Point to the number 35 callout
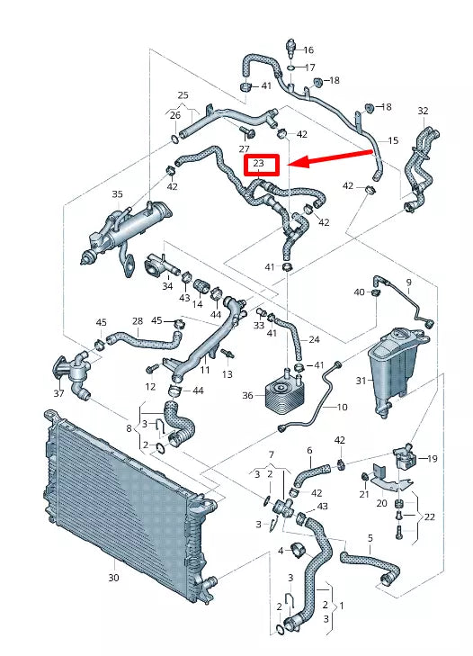[x=117, y=194]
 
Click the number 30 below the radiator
[x=113, y=578]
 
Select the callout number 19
[x=433, y=459]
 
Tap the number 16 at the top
[x=308, y=50]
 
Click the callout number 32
[x=423, y=111]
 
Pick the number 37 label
[x=58, y=392]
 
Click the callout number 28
[x=137, y=321]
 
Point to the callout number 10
[x=342, y=408]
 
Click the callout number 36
[x=247, y=395]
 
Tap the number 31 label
[x=361, y=381]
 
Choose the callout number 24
[x=313, y=339]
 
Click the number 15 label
[x=392, y=141]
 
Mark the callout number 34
[x=167, y=286]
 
